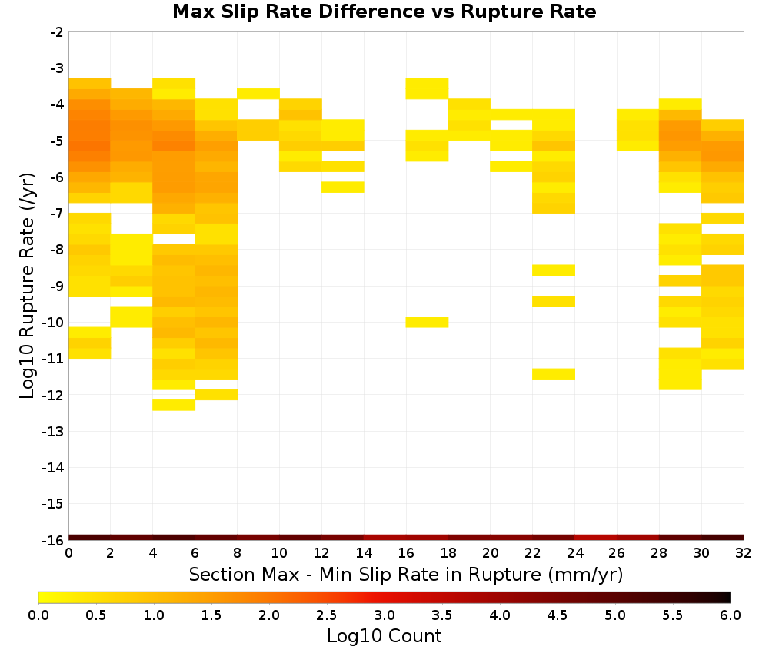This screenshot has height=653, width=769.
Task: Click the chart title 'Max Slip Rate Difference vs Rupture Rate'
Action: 384,12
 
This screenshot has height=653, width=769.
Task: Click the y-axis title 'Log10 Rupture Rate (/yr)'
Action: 28,286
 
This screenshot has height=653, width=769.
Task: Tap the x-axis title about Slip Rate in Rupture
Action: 406,574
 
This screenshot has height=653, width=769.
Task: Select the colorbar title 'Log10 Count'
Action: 384,636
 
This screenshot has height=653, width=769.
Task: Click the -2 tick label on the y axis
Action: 57,32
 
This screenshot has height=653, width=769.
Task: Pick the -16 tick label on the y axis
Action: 53,540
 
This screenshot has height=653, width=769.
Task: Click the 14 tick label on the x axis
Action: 364,553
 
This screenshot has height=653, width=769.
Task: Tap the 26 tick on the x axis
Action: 617,553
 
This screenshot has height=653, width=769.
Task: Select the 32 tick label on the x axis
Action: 744,553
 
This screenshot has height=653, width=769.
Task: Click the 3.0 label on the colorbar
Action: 384,615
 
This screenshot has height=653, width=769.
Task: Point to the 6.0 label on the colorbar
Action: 731,615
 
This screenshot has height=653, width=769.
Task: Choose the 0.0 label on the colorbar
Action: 38,615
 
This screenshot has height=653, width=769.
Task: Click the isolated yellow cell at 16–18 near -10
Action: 427,322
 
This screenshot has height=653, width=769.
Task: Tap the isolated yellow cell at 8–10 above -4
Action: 258,94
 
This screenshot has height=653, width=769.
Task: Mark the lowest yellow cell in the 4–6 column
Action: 174,405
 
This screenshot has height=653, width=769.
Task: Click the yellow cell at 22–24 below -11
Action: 554,374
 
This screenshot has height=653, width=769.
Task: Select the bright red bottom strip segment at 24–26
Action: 596,538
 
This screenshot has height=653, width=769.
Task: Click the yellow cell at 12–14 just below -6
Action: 343,187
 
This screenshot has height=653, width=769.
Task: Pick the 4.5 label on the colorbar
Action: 557,615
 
